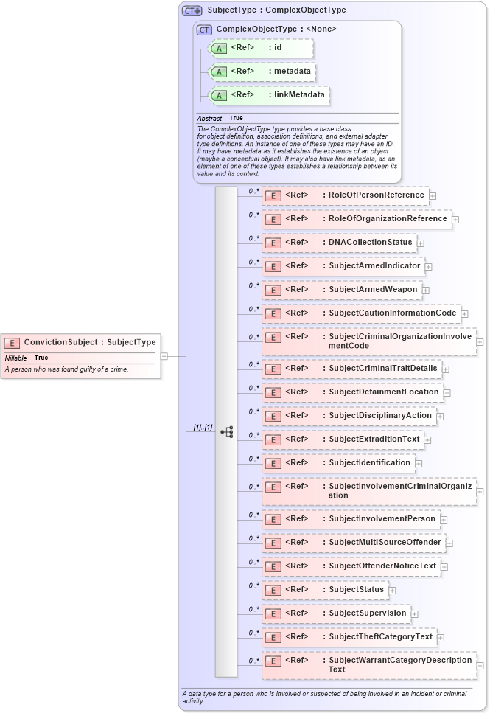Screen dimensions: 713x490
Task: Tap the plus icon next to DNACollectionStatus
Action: click(421, 243)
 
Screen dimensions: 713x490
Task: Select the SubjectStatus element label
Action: click(356, 589)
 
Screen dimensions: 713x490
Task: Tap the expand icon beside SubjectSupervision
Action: click(415, 613)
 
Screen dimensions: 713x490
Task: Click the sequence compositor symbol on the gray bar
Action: click(227, 431)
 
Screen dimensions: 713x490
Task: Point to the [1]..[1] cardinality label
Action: click(203, 428)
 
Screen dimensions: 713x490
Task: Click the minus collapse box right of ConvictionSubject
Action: click(164, 356)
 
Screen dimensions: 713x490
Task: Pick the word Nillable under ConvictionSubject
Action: click(15, 358)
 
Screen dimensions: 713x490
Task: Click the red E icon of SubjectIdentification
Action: click(273, 463)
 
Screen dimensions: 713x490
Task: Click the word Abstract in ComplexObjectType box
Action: click(209, 118)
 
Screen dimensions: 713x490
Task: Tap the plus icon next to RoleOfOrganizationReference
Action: click(455, 219)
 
